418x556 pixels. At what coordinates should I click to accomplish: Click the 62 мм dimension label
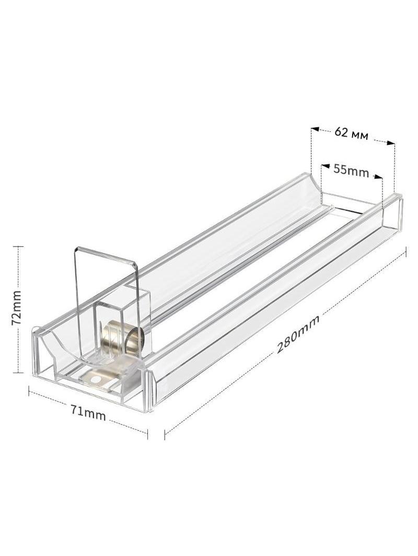pyautogui.click(x=351, y=134)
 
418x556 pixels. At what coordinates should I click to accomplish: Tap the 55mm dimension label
pyautogui.click(x=351, y=170)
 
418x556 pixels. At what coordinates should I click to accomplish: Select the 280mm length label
pyautogui.click(x=298, y=334)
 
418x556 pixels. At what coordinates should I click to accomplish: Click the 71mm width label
pyautogui.click(x=88, y=413)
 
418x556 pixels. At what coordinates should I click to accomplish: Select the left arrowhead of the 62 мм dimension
pyautogui.click(x=315, y=129)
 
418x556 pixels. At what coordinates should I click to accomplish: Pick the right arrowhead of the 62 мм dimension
pyautogui.click(x=390, y=143)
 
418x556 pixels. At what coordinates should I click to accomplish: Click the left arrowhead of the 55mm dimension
pyautogui.click(x=324, y=165)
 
